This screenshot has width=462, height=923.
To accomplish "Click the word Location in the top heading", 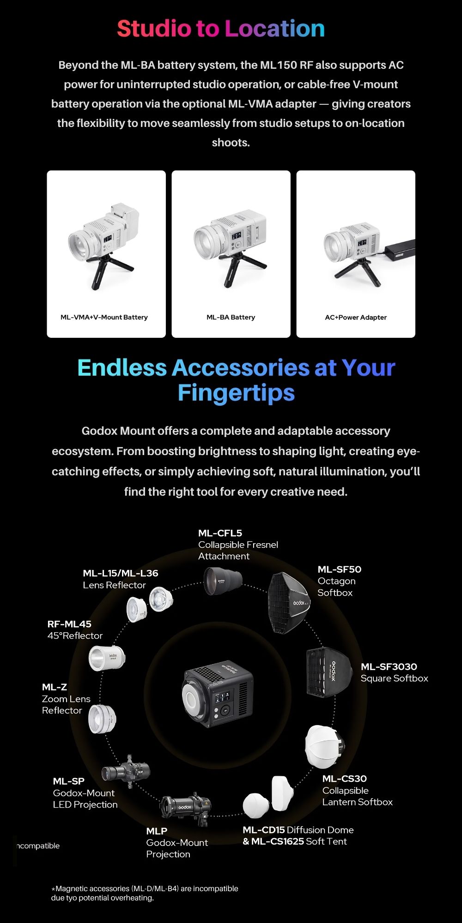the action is coord(275,29).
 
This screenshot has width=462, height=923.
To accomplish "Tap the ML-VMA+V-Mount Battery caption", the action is coord(104,317).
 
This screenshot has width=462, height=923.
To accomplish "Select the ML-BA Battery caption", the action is coord(231,317).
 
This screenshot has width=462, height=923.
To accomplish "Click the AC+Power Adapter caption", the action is coord(356,317).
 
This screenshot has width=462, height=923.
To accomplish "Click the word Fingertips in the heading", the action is coord(236,393).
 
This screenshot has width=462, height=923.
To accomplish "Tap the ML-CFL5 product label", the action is coord(220,533).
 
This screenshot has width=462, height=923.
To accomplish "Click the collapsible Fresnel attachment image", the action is coord(223,581).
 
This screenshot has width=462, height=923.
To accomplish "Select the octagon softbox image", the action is coord(289,603).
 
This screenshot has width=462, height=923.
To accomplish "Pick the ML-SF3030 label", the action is coord(389,666).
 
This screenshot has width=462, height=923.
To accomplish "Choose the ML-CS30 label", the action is coord(345,779).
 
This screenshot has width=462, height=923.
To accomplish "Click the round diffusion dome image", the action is coord(256,805).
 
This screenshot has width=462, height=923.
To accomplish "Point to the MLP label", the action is coord(157,831).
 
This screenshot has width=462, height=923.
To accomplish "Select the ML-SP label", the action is coord(69,781).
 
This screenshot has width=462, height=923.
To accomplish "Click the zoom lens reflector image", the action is coord(102,719).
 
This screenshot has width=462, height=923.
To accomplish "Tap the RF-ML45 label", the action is coord(69,624).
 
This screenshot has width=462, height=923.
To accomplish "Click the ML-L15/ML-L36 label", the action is coord(121,573).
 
